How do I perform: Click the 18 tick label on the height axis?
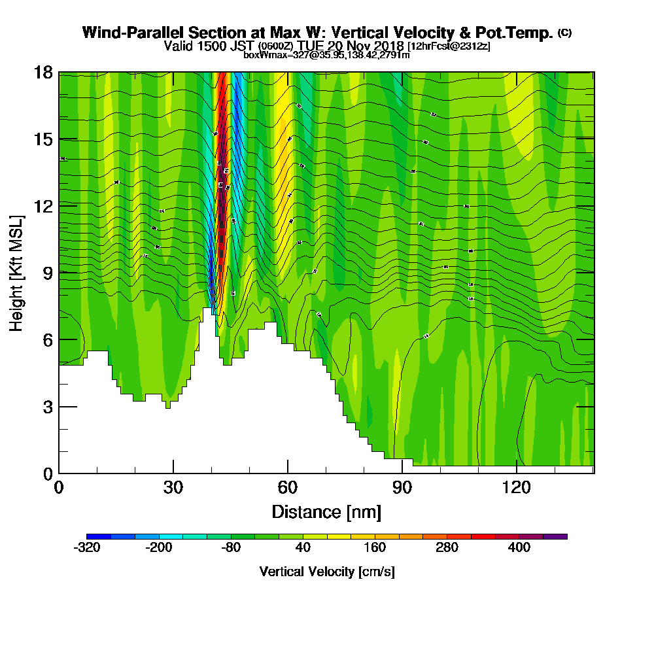[x=43, y=72]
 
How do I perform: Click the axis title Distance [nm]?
[x=326, y=511]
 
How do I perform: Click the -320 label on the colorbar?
[x=88, y=548]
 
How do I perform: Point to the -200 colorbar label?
[x=159, y=548]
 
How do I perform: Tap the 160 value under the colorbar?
[x=375, y=548]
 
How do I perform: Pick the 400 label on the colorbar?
[x=519, y=548]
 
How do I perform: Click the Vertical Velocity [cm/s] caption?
[x=327, y=572]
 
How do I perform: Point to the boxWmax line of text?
[x=326, y=55]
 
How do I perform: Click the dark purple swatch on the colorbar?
[x=555, y=536]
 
